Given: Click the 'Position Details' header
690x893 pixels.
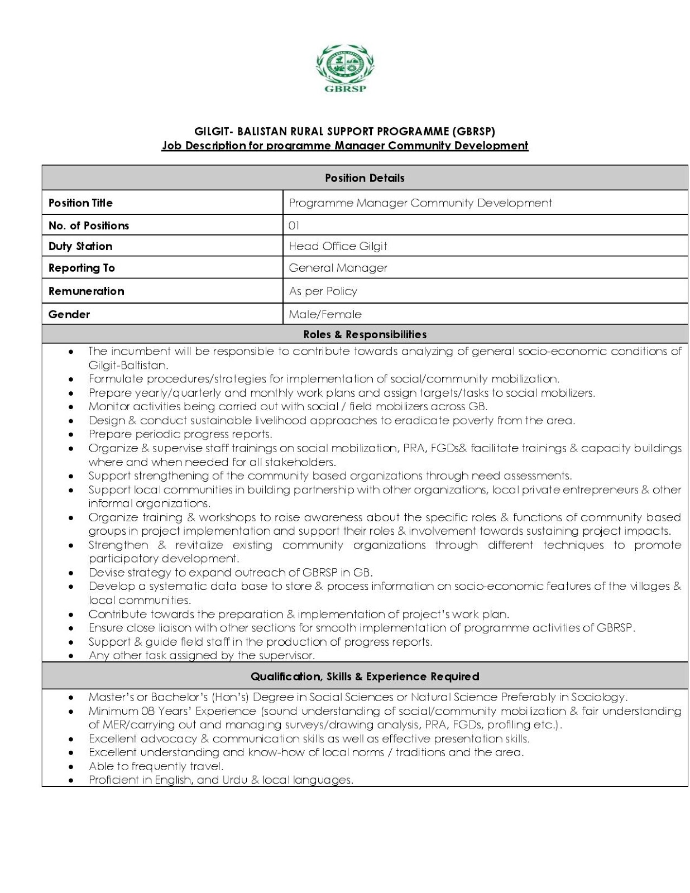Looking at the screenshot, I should [x=365, y=178].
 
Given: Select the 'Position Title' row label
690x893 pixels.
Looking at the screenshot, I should [x=80, y=203].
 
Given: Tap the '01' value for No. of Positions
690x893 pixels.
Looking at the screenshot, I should [x=294, y=225].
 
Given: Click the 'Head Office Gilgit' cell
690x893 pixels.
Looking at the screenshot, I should [x=338, y=246].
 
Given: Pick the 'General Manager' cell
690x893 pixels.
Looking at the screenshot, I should [x=338, y=268].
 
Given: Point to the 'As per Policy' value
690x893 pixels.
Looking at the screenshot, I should [x=323, y=291].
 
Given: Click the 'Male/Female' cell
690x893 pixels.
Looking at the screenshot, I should [x=325, y=314].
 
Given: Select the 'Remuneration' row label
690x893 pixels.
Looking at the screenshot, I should [x=86, y=291].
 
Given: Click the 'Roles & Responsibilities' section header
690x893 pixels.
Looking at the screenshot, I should [x=365, y=334].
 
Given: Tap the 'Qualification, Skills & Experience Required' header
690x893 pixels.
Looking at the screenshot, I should [x=365, y=676].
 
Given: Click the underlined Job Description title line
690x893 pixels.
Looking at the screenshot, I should [x=344, y=146].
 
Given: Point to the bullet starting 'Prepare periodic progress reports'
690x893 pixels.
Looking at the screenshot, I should [x=180, y=434].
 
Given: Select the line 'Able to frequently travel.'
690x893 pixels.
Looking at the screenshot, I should [x=156, y=766].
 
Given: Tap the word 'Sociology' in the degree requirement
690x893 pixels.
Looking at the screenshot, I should [x=603, y=697].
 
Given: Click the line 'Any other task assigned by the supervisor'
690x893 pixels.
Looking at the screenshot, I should [x=202, y=656].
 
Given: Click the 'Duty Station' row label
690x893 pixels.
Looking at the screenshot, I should [x=80, y=246].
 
